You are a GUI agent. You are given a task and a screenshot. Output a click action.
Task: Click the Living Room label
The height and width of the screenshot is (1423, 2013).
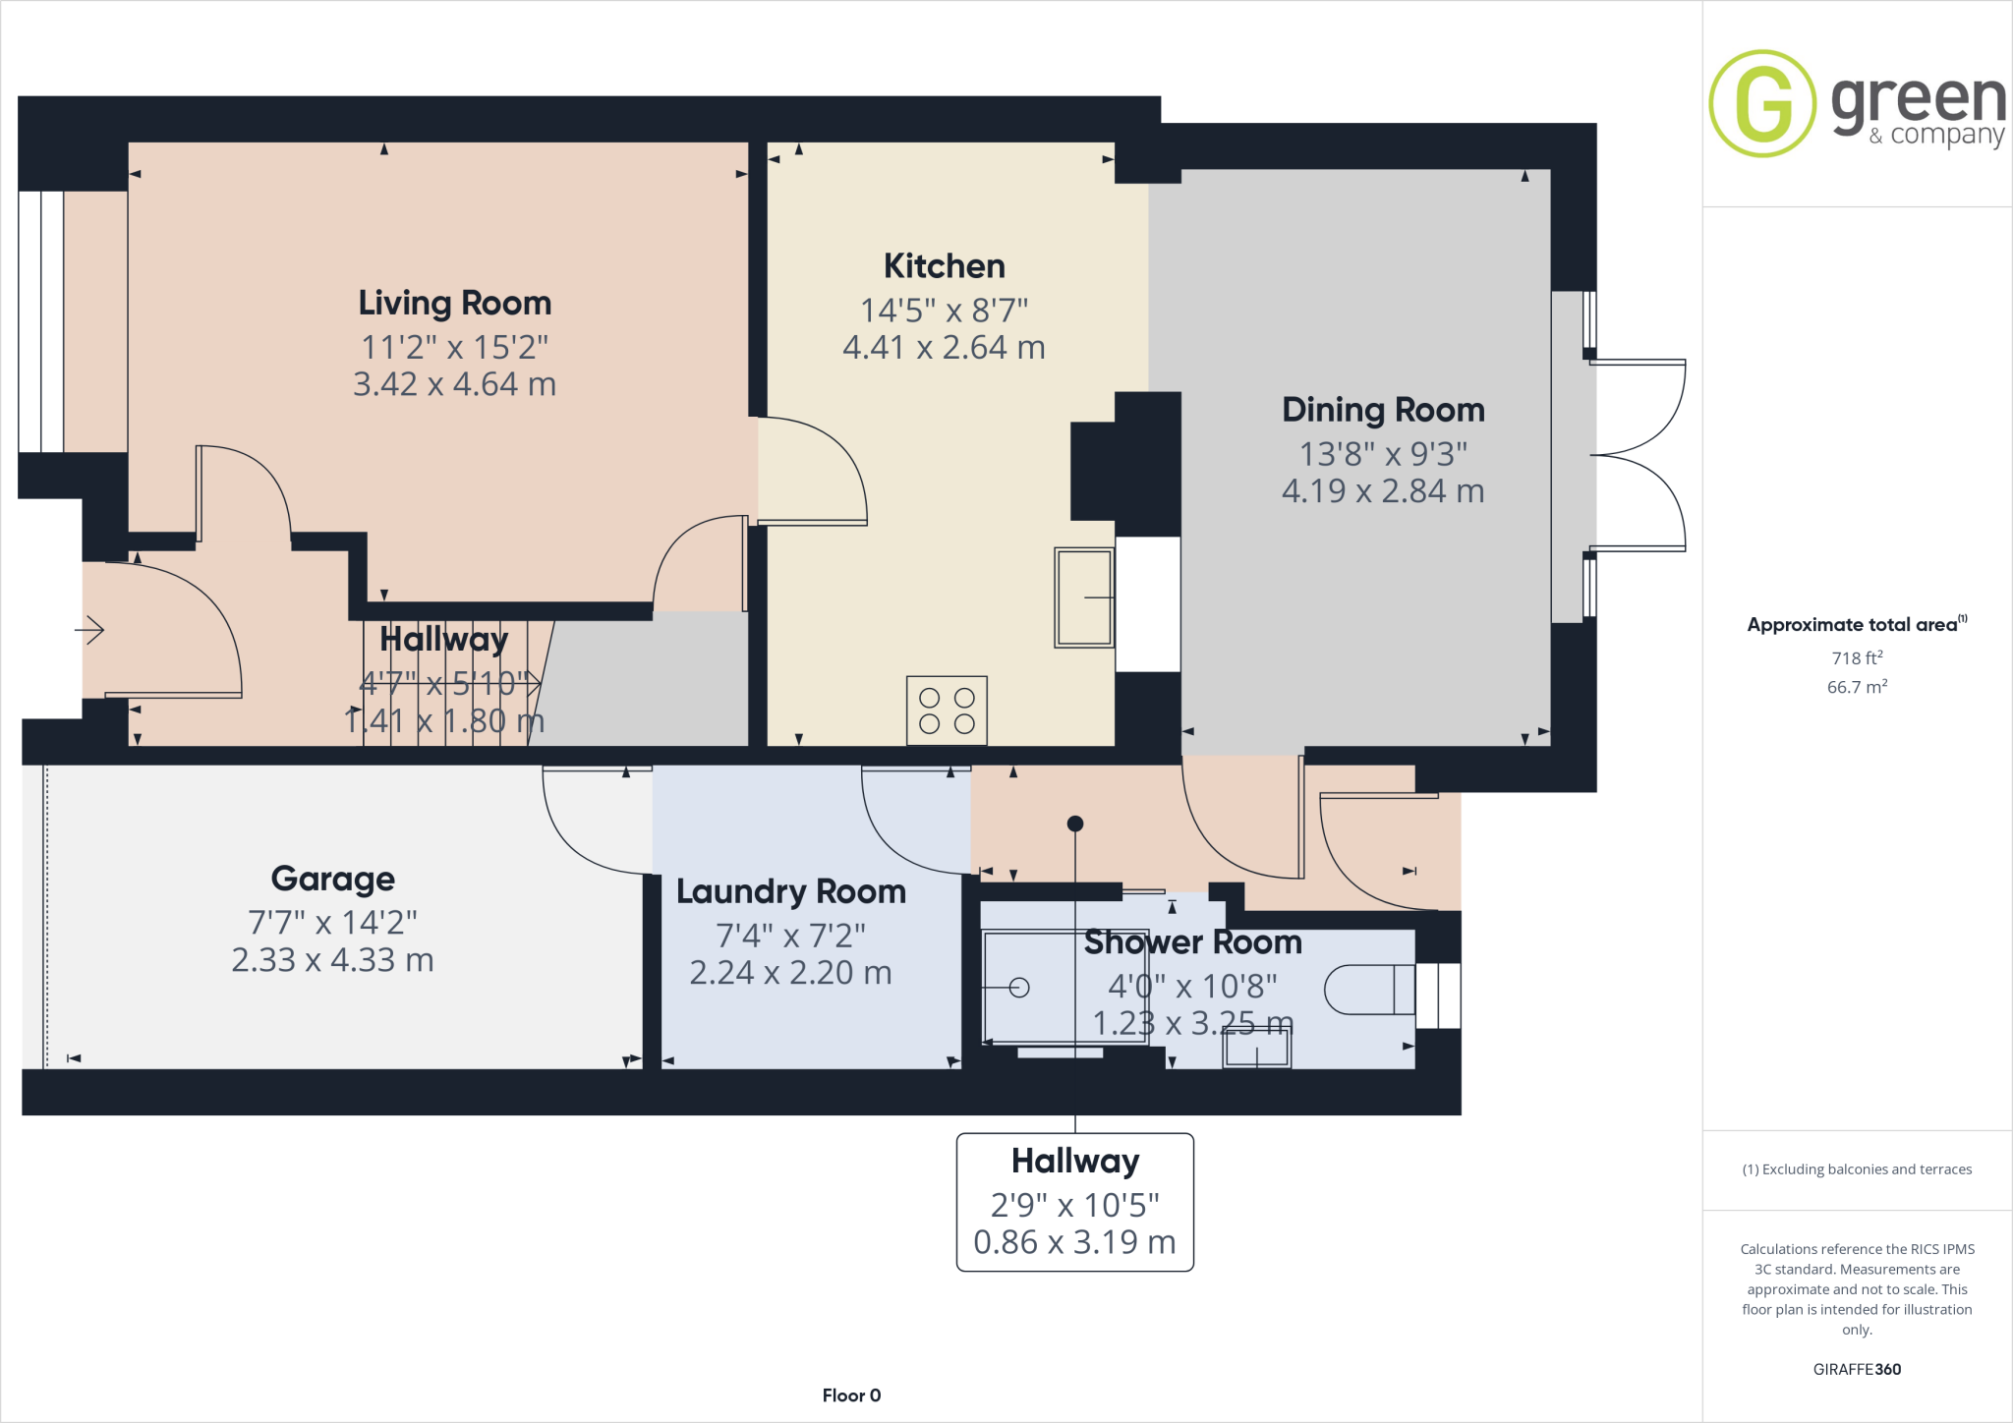point(454,303)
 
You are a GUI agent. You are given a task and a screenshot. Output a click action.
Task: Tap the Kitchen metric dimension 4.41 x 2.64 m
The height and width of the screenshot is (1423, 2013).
point(944,348)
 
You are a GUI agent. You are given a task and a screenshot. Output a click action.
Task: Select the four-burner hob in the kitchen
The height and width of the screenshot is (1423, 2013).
point(947,711)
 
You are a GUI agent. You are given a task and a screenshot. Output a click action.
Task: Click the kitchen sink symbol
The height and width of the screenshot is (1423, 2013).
point(1084,597)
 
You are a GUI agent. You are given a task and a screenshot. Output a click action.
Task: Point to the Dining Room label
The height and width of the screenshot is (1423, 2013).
point(1383,410)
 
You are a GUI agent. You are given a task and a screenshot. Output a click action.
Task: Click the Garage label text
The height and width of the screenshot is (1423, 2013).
point(332,879)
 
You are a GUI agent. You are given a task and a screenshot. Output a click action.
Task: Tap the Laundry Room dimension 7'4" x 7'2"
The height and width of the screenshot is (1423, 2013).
point(790,936)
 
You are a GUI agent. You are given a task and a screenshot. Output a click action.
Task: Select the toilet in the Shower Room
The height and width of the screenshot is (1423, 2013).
point(1367,990)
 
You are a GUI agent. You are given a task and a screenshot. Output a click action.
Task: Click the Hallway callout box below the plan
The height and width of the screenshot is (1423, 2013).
point(1074,1202)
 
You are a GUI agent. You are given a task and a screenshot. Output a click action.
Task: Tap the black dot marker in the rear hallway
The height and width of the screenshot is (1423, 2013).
point(1075,824)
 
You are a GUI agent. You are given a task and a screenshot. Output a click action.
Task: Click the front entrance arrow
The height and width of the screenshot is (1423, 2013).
point(90,629)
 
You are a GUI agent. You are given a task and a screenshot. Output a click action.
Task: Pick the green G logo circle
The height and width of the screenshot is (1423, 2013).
point(1762,103)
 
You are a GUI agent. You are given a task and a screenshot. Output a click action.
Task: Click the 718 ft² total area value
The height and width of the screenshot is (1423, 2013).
point(1857,658)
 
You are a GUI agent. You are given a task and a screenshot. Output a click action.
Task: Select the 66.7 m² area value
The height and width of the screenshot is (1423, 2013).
point(1857,687)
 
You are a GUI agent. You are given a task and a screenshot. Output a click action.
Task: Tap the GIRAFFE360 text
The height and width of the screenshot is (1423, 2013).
point(1857,1369)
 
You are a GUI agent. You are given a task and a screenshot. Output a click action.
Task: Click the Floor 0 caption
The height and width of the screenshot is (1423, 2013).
point(851,1395)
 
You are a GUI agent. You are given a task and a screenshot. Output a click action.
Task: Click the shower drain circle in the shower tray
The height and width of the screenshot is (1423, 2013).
point(1019,988)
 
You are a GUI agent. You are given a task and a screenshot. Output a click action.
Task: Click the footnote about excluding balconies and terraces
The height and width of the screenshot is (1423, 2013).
point(1857,1169)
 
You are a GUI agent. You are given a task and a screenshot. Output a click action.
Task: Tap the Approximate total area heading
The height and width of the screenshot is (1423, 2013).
point(1853,625)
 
